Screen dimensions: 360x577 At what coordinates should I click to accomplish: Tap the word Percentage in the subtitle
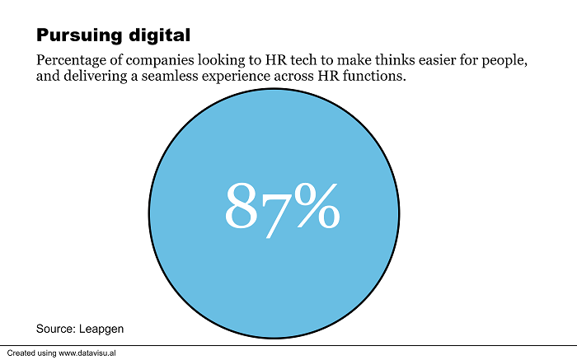pyautogui.click(x=72, y=63)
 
